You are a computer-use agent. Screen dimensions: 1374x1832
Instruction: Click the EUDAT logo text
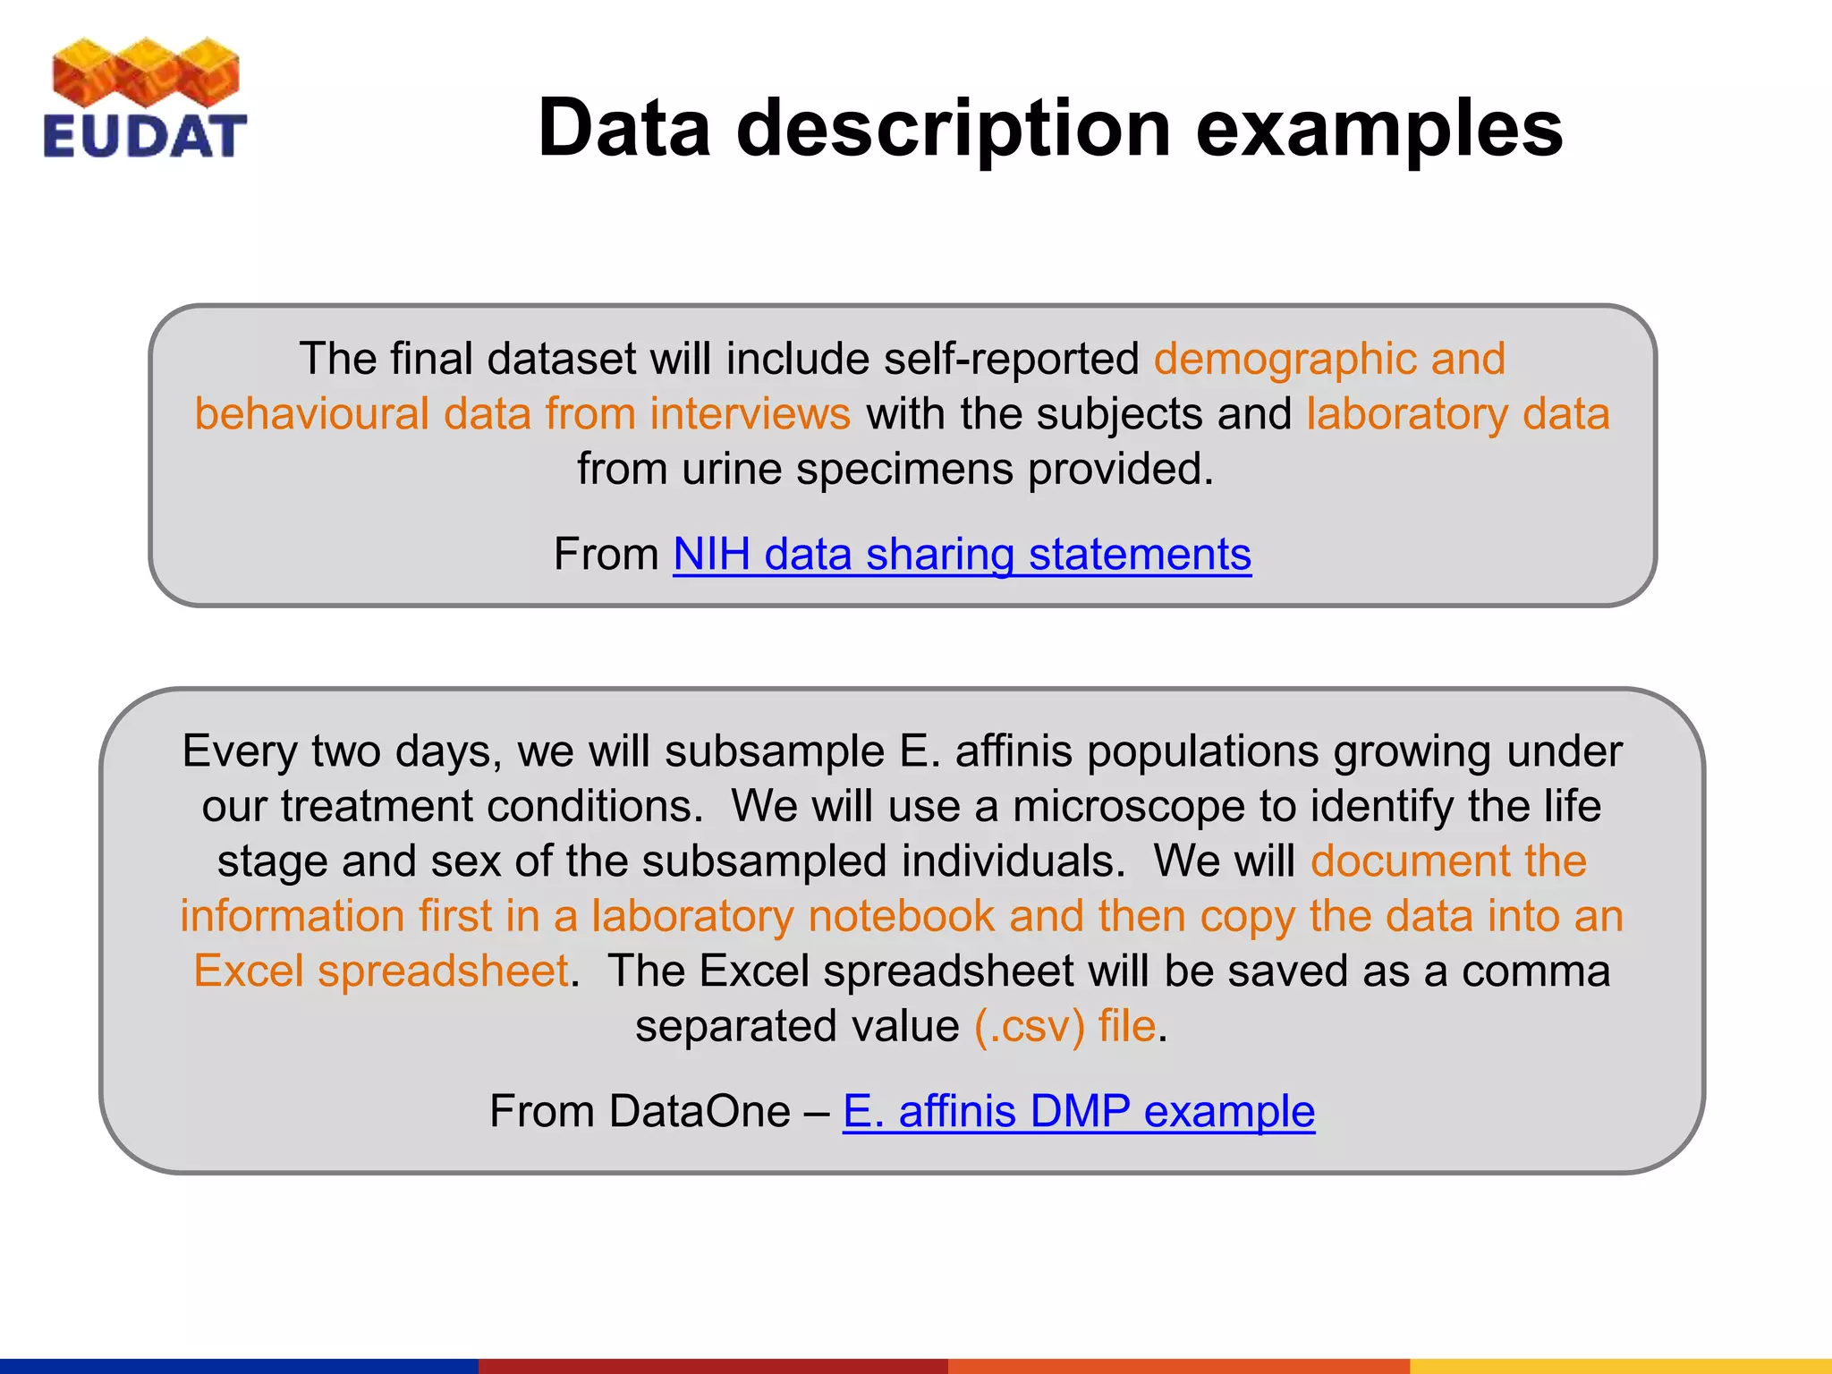145,137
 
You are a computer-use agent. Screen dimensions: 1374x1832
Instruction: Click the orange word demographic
1284,359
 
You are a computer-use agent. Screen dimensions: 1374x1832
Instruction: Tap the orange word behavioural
312,414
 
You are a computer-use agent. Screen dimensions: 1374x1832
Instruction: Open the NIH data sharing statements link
962,555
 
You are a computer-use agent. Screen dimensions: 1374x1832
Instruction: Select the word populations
1202,751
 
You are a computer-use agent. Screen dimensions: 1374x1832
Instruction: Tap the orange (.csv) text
1029,1026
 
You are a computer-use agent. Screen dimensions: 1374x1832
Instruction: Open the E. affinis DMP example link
1078,1112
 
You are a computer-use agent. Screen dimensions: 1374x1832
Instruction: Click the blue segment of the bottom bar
239,1366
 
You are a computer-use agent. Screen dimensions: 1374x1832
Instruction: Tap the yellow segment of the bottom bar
1620,1366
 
